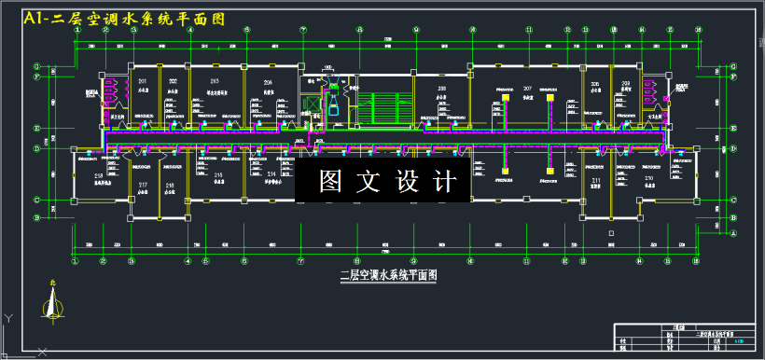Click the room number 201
pyautogui.click(x=143, y=83)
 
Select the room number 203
pyautogui.click(x=217, y=83)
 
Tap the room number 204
pyautogui.click(x=268, y=83)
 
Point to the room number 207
pyautogui.click(x=527, y=88)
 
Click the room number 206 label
pyautogui.click(x=595, y=83)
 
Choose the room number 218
pyautogui.click(x=98, y=174)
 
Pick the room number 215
pyautogui.click(x=218, y=174)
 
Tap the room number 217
pyautogui.click(x=143, y=186)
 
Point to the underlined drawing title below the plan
pyautogui.click(x=386, y=275)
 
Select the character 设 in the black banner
pyautogui.click(x=408, y=182)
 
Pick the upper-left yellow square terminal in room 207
pyautogui.click(x=506, y=96)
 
